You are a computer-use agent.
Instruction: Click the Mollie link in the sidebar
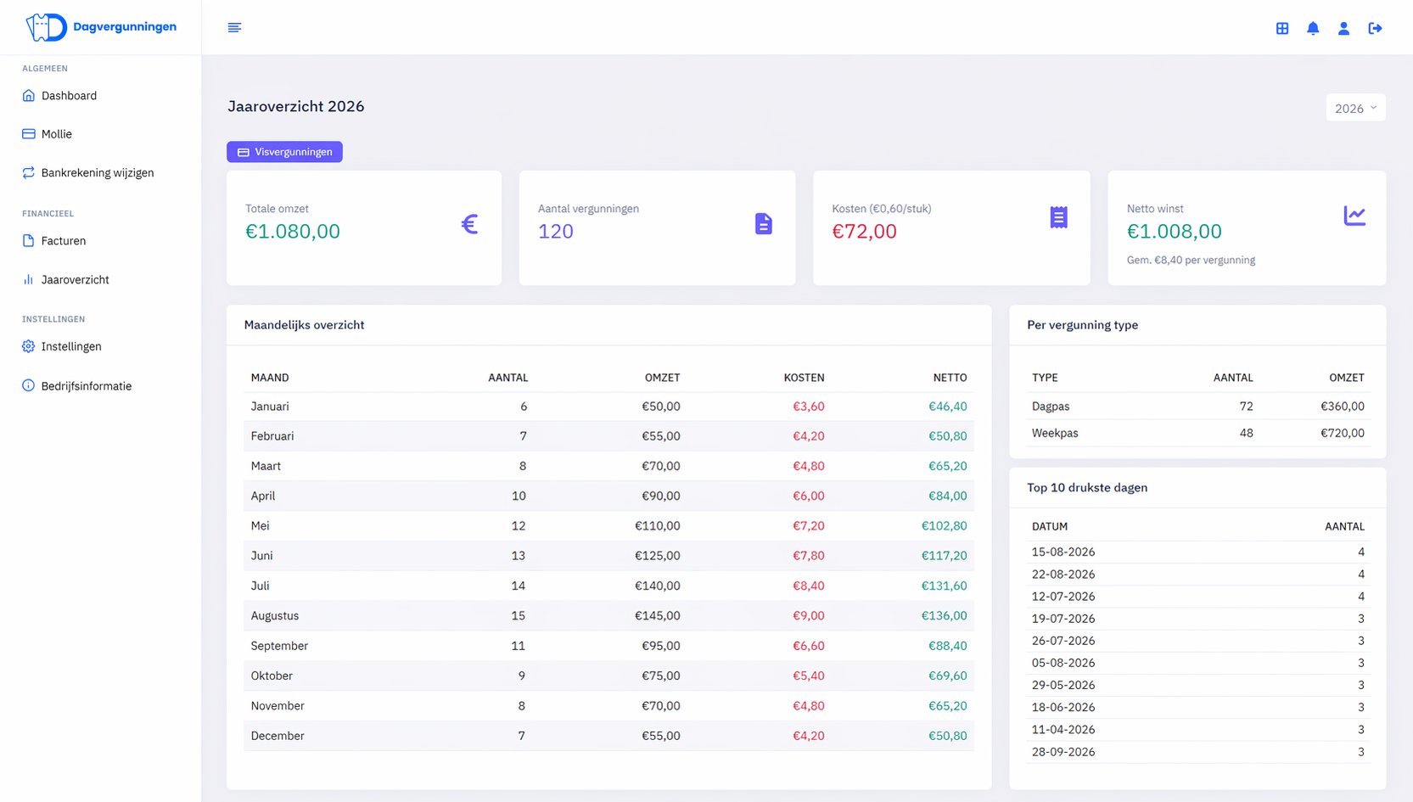coord(56,134)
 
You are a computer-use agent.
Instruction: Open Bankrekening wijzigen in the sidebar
coord(97,172)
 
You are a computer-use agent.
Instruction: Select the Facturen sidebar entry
coord(63,240)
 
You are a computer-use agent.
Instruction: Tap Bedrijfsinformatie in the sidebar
coord(86,385)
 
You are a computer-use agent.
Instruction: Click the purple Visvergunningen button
coord(284,151)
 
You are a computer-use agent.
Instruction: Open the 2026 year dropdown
coord(1355,108)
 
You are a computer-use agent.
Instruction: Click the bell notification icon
coord(1313,28)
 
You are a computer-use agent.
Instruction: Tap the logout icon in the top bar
coord(1375,28)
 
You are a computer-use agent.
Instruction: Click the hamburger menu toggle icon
coord(234,27)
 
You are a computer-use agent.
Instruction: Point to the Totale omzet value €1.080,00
coord(293,231)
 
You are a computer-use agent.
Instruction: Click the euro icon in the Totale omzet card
coord(469,223)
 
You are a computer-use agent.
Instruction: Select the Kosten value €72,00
coord(864,231)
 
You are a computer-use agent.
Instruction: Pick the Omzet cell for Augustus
coord(658,615)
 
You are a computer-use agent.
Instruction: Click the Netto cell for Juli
coord(944,586)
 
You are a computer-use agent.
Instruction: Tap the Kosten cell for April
coord(808,496)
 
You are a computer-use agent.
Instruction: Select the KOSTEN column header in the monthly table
coord(804,378)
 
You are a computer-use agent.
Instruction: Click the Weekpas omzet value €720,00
coord(1343,433)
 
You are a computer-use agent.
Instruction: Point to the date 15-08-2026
coord(1063,552)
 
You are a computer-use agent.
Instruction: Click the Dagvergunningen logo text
coord(125,26)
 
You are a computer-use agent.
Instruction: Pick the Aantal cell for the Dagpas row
coord(1246,406)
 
